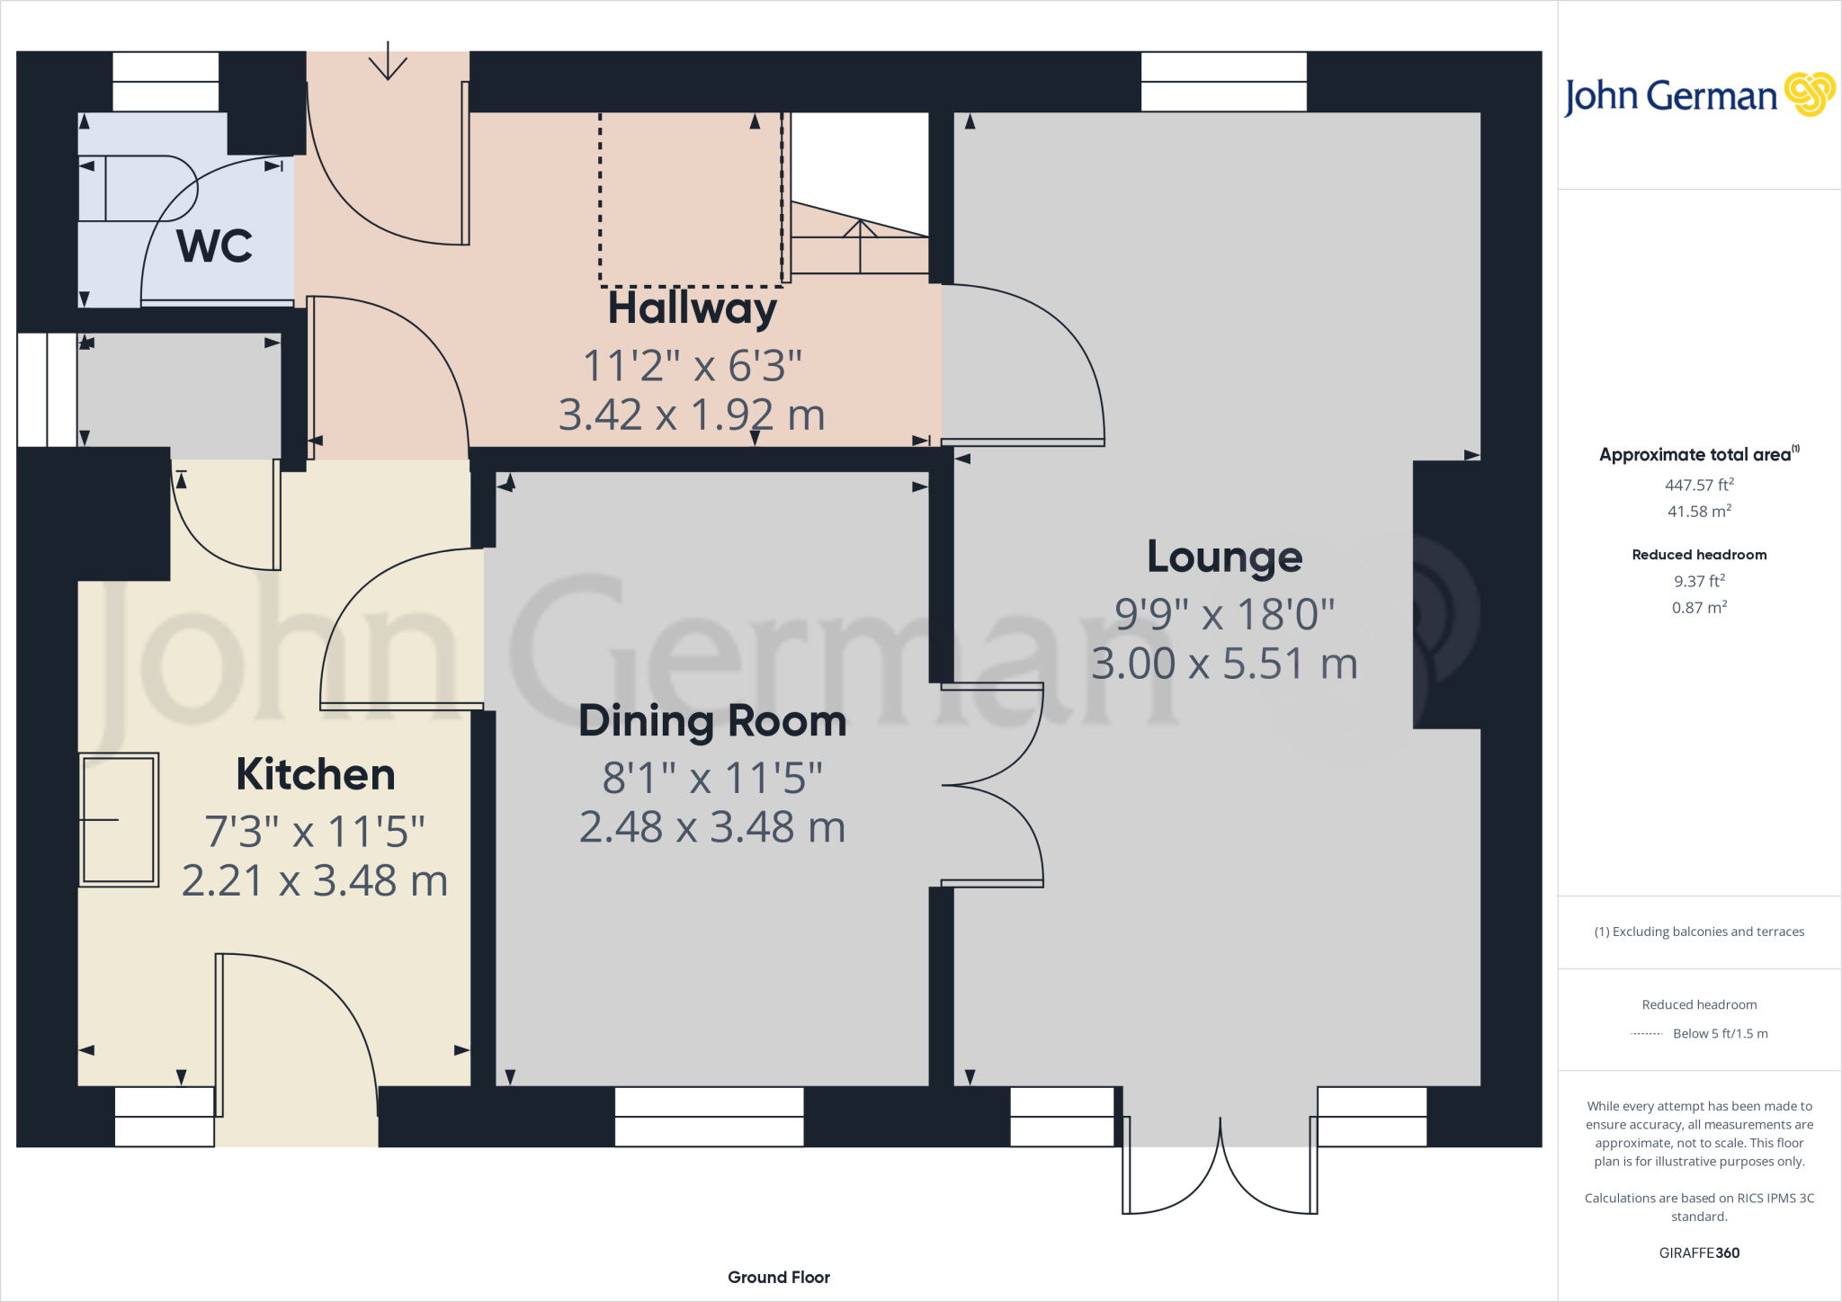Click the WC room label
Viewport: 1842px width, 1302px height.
click(x=214, y=245)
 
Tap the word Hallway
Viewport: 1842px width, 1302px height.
click(x=692, y=308)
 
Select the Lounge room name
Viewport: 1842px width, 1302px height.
click(x=1224, y=557)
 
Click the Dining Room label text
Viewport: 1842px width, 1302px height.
click(x=712, y=721)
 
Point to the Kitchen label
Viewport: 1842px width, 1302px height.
click(x=315, y=774)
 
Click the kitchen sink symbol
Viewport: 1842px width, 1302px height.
click(x=119, y=819)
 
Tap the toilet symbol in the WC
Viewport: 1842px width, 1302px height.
click(x=135, y=188)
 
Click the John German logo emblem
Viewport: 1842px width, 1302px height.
click(x=1809, y=94)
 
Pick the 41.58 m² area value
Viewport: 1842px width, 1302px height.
click(x=1699, y=511)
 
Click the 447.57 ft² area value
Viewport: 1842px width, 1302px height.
click(x=1699, y=485)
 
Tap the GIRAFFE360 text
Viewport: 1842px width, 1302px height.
click(x=1699, y=1253)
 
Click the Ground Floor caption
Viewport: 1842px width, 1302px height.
click(x=778, y=1277)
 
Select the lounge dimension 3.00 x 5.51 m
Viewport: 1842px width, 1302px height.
click(x=1224, y=664)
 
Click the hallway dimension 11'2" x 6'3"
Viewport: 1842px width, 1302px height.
click(x=692, y=366)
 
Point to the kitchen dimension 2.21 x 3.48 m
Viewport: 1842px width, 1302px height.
click(x=315, y=880)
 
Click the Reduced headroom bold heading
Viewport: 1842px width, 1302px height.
click(x=1699, y=555)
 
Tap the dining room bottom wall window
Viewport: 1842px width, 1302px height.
click(x=709, y=1117)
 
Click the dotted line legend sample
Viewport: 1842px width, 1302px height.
click(x=1646, y=1034)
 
